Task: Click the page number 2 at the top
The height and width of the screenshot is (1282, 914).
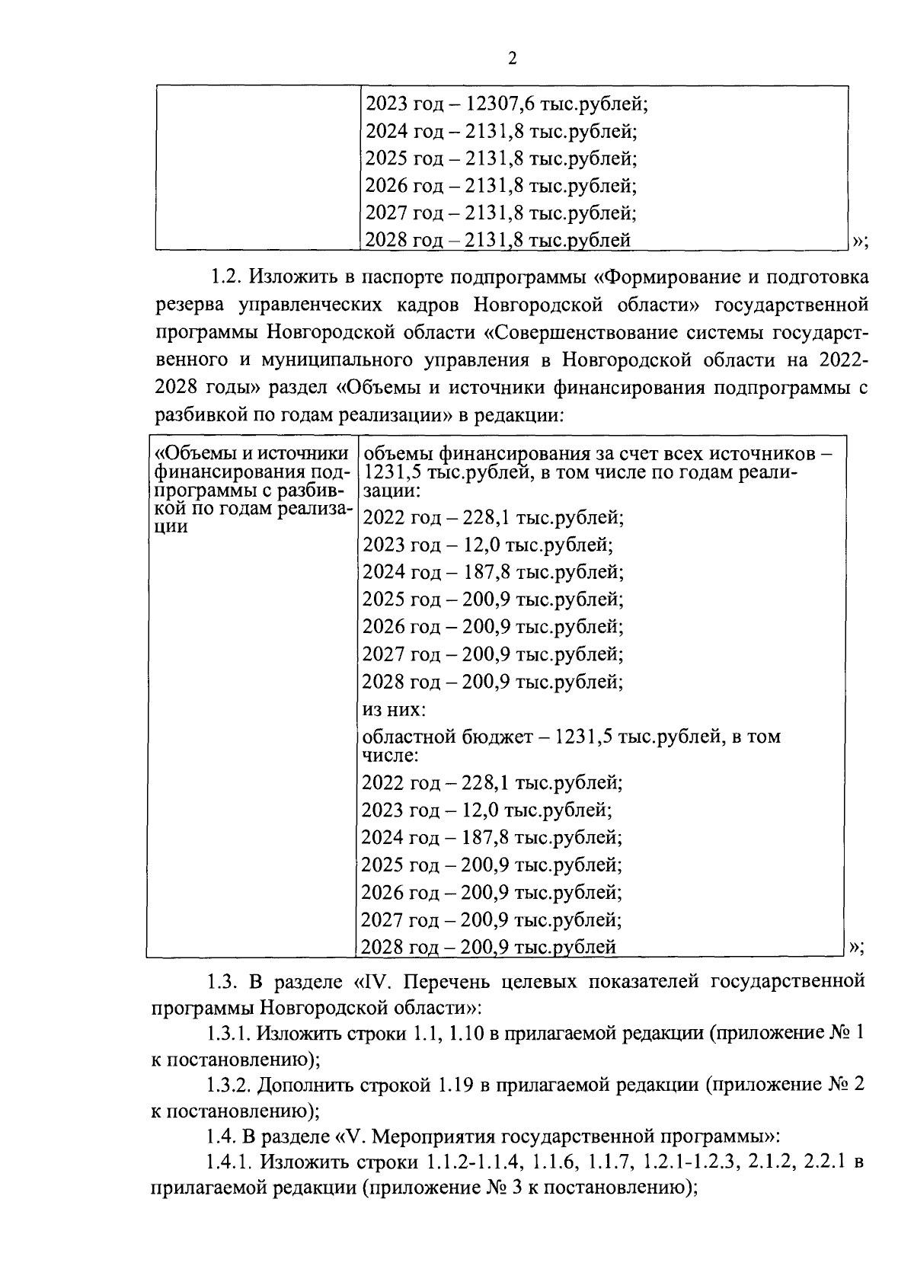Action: (x=512, y=59)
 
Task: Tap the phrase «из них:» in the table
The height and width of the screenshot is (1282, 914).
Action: (x=393, y=710)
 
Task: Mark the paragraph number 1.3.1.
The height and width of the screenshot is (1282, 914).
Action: (x=228, y=1034)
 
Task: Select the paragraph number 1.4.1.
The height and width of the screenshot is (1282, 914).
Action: (x=228, y=1163)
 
